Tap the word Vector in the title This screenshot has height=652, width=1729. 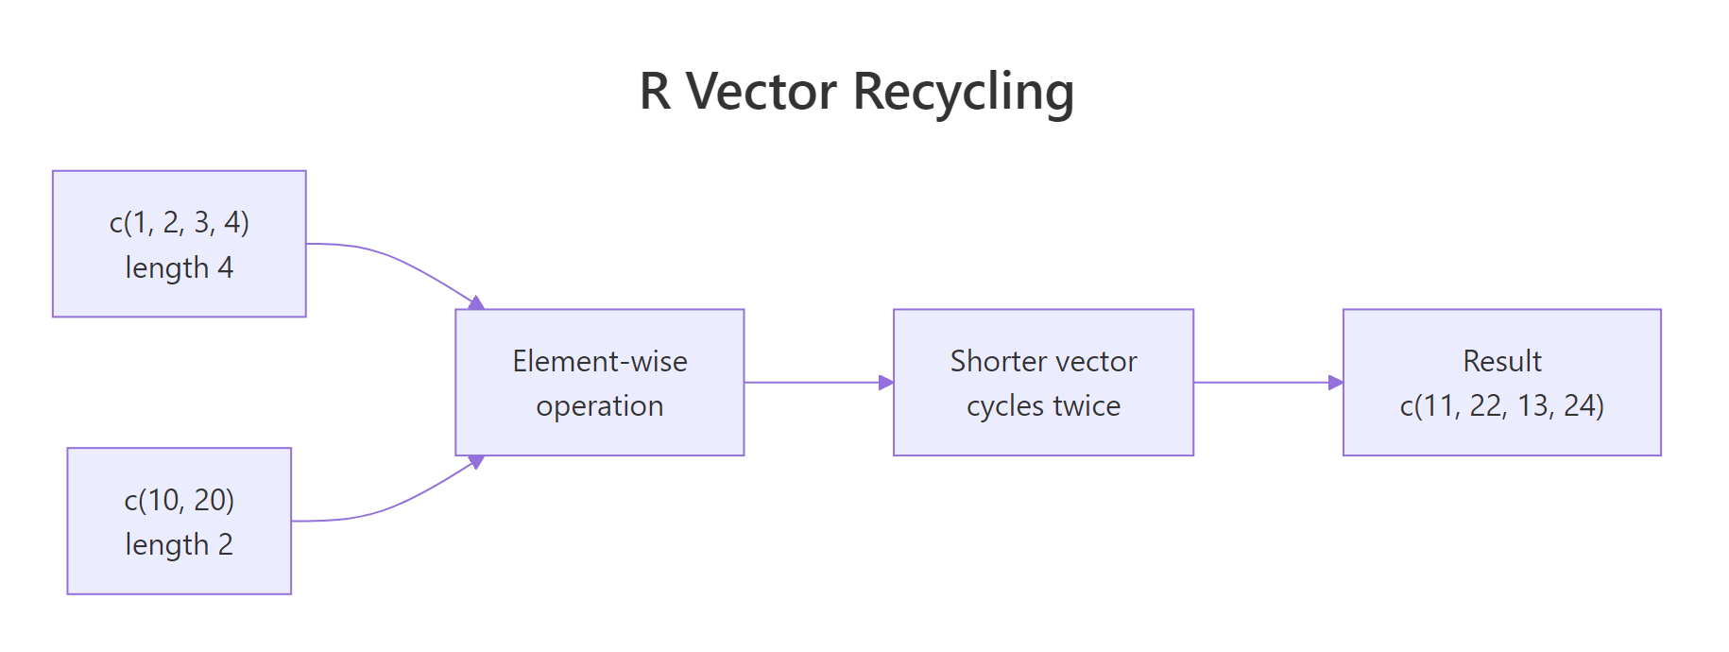761,93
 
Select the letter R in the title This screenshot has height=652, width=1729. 655,93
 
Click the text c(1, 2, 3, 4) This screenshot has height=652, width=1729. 180,222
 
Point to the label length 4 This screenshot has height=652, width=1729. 180,267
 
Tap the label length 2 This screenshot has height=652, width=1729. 180,544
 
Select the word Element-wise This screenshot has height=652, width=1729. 600,361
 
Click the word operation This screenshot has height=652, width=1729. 600,406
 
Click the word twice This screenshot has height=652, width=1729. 1087,406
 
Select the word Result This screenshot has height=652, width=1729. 1502,361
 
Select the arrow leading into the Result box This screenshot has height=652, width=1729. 1266,383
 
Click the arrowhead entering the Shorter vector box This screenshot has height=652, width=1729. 886,383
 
